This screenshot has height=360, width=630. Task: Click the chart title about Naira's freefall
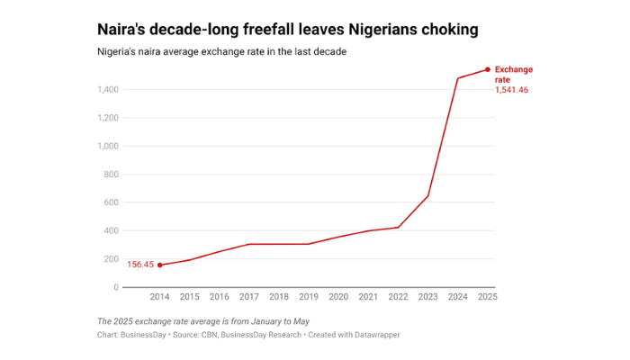tap(287, 30)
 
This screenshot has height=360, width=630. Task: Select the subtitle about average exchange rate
tap(221, 52)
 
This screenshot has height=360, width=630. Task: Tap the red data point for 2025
tap(488, 69)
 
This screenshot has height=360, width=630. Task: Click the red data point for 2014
tap(160, 265)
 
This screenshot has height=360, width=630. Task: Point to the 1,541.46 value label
tap(512, 89)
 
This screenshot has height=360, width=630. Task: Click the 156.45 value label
tap(140, 265)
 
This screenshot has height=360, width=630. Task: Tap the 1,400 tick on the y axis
tap(107, 89)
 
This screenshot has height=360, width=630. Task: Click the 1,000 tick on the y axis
tap(107, 146)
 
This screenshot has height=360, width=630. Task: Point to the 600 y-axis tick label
tap(111, 202)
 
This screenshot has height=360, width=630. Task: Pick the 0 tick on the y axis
tap(115, 287)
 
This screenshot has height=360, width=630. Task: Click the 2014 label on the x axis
tap(160, 297)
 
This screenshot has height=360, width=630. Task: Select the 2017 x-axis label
tap(249, 297)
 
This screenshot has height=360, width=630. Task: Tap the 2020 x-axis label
tap(338, 297)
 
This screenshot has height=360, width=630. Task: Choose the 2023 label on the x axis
tap(427, 297)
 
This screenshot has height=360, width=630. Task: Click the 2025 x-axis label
tap(487, 297)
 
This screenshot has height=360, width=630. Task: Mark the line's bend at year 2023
tap(427, 196)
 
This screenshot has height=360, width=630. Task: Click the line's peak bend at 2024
tap(457, 78)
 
